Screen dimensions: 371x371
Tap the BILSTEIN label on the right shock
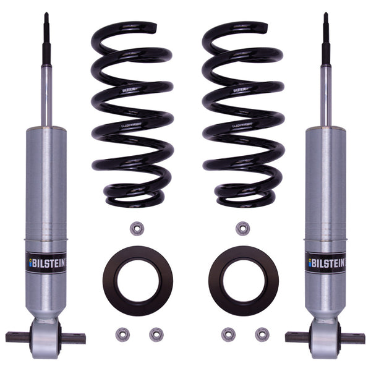point(325,262)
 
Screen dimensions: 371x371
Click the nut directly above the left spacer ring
point(137,228)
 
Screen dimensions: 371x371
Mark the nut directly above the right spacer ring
point(242,228)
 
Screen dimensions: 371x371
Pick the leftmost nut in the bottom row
point(122,335)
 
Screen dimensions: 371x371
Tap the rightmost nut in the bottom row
point(262,335)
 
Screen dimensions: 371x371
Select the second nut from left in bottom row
point(156,335)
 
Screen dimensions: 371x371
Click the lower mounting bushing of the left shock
point(45,339)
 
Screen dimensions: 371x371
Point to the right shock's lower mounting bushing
point(325,339)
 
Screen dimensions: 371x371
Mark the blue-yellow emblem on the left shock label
point(32,262)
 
